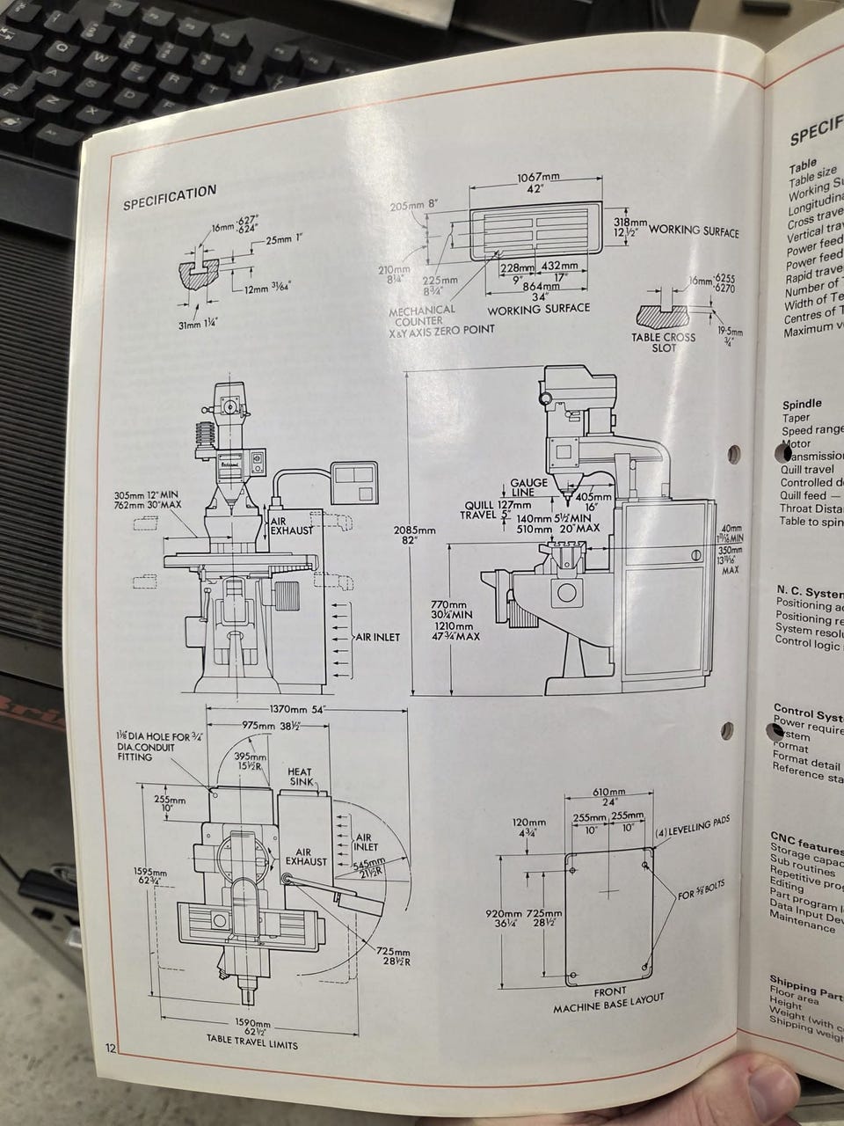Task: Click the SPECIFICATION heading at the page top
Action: coord(169,194)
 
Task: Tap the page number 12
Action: coord(111,1047)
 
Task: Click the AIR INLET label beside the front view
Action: coord(378,637)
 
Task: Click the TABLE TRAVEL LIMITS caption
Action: coord(251,1044)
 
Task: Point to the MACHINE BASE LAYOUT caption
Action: coord(608,1003)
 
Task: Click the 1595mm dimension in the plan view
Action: coord(144,878)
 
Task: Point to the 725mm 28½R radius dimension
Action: coord(392,956)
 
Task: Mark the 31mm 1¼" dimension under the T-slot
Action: coord(197,324)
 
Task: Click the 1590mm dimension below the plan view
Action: coord(251,1027)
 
